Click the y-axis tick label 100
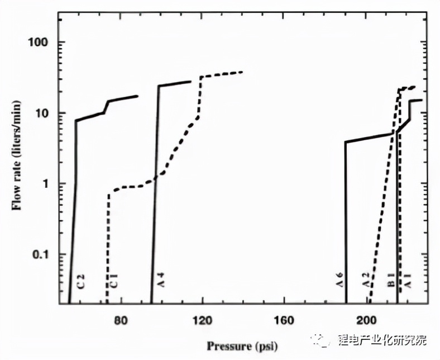41,43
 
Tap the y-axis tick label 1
47,184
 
